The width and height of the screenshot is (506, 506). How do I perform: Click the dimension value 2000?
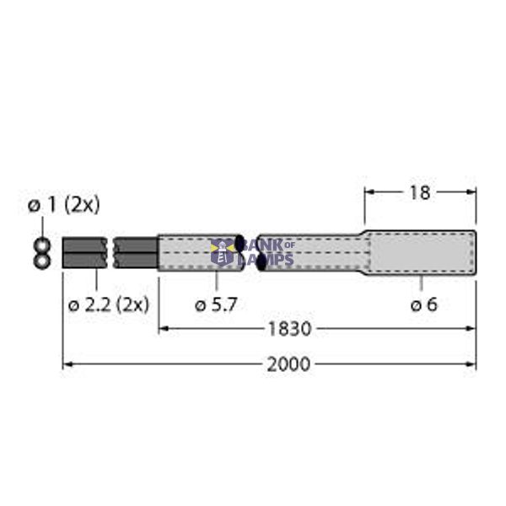[x=288, y=364]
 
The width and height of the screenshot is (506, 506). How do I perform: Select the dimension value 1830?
[x=289, y=328]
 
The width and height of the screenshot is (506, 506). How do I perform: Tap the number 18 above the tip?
[x=419, y=192]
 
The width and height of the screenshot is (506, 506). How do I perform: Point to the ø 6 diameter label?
[x=423, y=304]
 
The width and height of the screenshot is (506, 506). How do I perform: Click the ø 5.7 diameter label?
[x=216, y=304]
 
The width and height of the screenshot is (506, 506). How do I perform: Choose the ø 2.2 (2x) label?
[x=108, y=304]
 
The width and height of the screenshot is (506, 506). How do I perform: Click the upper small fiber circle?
[x=40, y=245]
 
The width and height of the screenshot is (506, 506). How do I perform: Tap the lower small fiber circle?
[x=40, y=261]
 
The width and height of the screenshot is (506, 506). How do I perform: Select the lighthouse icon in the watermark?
[x=223, y=251]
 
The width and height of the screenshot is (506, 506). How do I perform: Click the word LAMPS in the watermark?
[x=268, y=259]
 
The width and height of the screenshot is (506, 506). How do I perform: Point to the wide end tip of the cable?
[x=422, y=253]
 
